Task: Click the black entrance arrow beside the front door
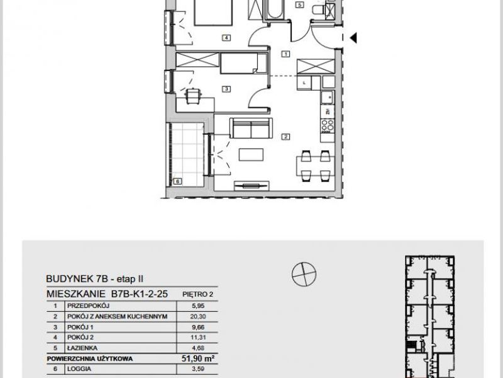[x=353, y=38]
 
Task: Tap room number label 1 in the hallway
[x=285, y=54]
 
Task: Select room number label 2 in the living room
[x=285, y=137]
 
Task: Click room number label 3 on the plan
[x=226, y=89]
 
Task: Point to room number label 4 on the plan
[x=226, y=38]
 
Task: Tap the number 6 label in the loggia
[x=177, y=181]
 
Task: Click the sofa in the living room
[x=251, y=129]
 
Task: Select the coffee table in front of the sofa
[x=251, y=154]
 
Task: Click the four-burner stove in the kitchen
[x=328, y=126]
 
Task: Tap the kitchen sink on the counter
[x=328, y=98]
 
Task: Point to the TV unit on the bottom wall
[x=251, y=185]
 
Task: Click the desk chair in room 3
[x=193, y=96]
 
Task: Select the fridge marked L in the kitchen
[x=304, y=83]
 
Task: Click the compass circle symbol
[x=304, y=274]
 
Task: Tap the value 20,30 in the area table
[x=198, y=317]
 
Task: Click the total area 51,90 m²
[x=198, y=358]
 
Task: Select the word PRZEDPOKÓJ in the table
[x=89, y=306]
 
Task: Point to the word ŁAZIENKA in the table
[x=82, y=348]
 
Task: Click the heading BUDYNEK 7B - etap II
[x=95, y=278]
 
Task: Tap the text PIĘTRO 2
[x=197, y=294]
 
